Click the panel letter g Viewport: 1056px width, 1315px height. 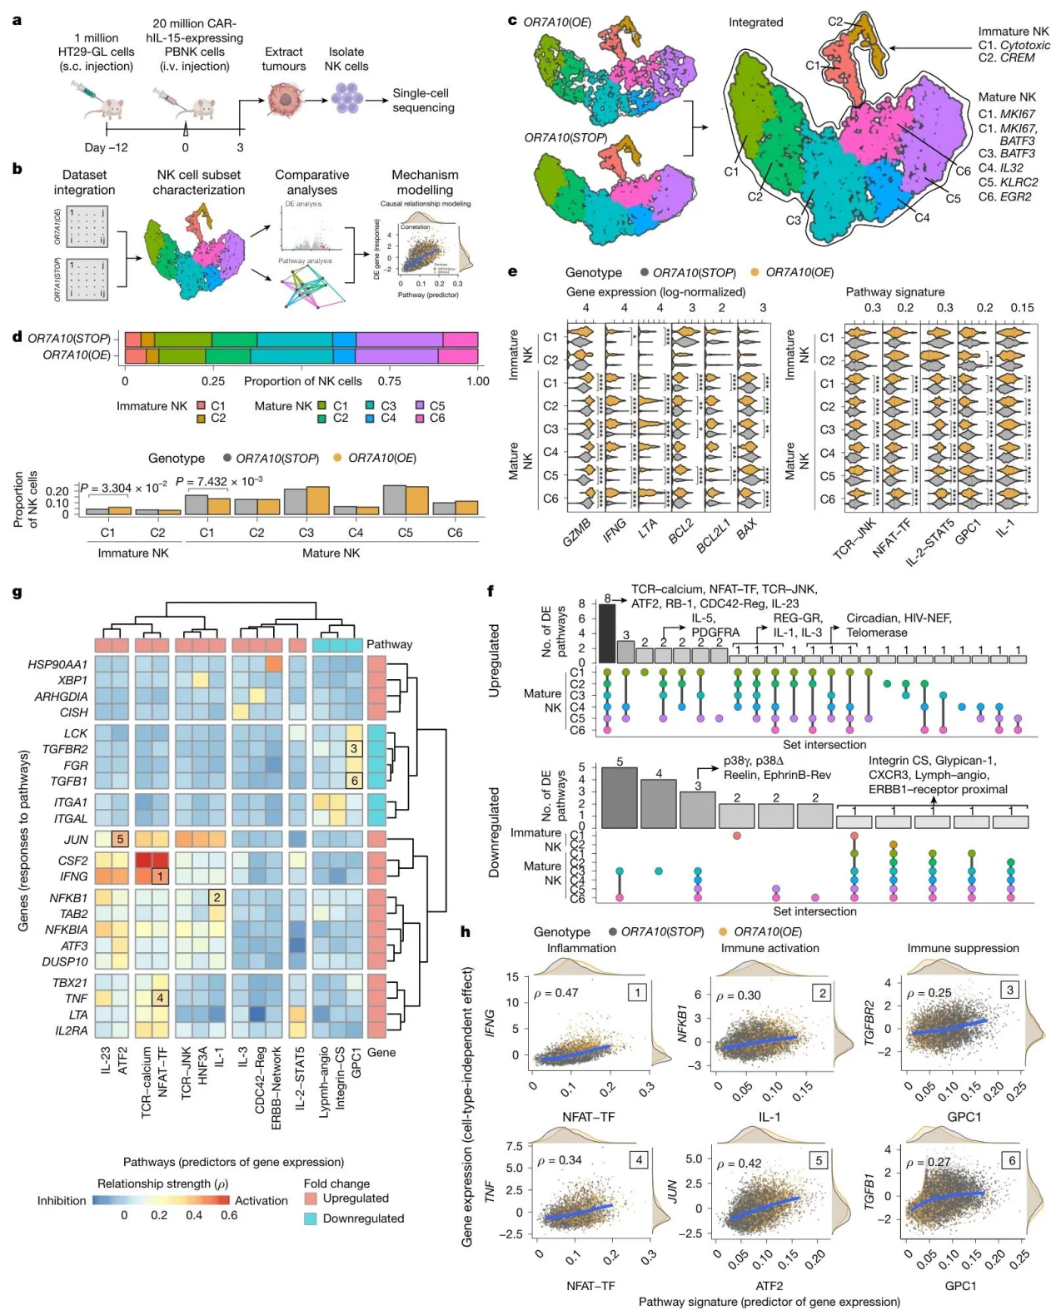(x=17, y=593)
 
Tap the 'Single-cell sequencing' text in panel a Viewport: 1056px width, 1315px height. (x=423, y=101)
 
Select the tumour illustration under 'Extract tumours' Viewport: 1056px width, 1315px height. (x=283, y=99)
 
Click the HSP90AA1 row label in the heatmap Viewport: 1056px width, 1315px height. (x=57, y=664)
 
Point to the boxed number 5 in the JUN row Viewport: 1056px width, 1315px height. (x=120, y=839)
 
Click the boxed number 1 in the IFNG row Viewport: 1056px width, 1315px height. (x=160, y=876)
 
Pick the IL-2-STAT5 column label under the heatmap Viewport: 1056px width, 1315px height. (x=299, y=1079)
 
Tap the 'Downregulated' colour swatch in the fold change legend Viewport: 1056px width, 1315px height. (x=310, y=1218)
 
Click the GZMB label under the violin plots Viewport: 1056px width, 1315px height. (x=576, y=531)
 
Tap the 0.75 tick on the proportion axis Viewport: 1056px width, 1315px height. (x=390, y=381)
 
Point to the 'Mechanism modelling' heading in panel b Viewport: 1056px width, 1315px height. (x=425, y=182)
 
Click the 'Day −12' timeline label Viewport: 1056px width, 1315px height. (x=107, y=147)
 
